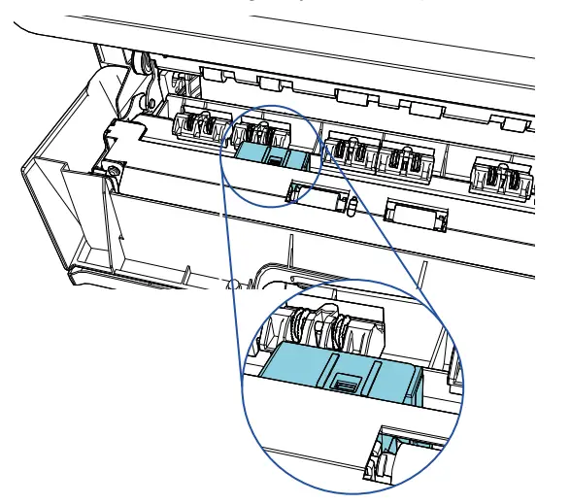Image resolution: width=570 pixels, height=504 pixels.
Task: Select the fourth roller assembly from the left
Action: [x=399, y=159]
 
